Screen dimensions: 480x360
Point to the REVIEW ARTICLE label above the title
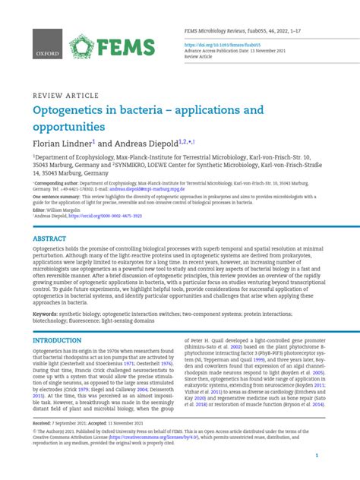point(65,96)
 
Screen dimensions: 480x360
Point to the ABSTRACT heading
point(49,238)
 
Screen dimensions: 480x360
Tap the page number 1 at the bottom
point(326,455)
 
